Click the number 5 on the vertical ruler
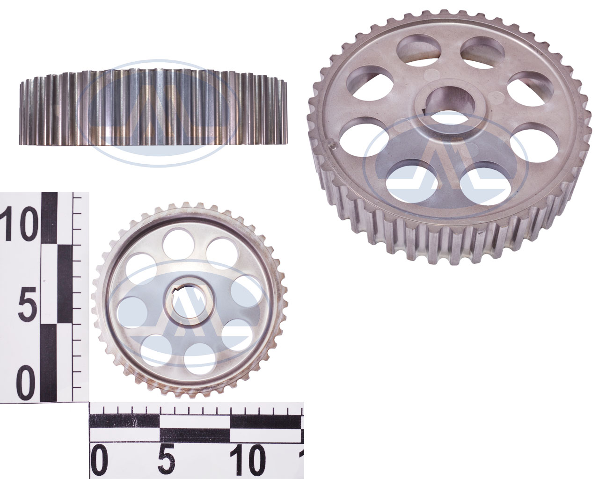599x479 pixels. pyautogui.click(x=27, y=304)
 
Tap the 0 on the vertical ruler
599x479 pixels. pyautogui.click(x=26, y=383)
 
